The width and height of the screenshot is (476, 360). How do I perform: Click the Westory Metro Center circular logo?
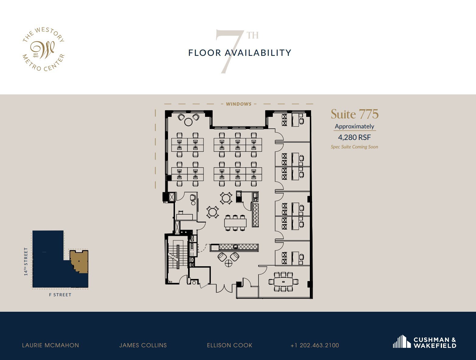click(x=43, y=49)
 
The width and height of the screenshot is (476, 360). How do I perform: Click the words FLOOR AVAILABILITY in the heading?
click(x=240, y=53)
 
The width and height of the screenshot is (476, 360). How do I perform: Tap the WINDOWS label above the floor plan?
click(x=239, y=104)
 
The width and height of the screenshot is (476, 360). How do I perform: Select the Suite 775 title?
click(x=354, y=114)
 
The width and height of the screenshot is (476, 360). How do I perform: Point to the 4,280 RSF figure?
click(x=354, y=137)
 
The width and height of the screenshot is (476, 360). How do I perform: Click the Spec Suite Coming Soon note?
click(x=354, y=147)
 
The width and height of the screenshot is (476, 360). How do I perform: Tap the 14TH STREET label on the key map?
click(x=26, y=262)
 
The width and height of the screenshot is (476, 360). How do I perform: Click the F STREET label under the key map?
click(x=60, y=295)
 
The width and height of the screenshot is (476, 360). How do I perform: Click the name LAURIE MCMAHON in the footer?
click(x=50, y=345)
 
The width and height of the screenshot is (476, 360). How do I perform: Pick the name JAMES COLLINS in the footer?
click(x=143, y=345)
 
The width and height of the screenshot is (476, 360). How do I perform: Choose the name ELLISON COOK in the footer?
click(x=230, y=345)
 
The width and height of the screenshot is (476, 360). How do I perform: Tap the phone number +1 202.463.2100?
click(x=315, y=345)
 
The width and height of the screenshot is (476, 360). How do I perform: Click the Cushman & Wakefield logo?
click(x=425, y=342)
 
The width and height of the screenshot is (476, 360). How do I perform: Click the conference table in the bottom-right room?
click(x=284, y=282)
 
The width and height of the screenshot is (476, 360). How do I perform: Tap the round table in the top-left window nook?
click(x=188, y=122)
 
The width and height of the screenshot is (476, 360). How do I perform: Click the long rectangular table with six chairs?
click(x=235, y=223)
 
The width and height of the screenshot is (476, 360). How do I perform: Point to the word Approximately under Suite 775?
click(x=354, y=127)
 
